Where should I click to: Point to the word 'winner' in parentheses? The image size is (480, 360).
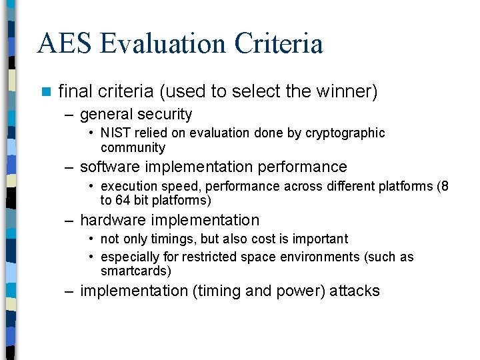[349, 91]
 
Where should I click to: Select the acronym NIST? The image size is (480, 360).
[115, 133]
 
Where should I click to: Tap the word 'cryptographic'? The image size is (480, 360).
[345, 133]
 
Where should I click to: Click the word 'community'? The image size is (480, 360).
[133, 148]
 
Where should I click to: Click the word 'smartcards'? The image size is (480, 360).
[135, 271]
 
